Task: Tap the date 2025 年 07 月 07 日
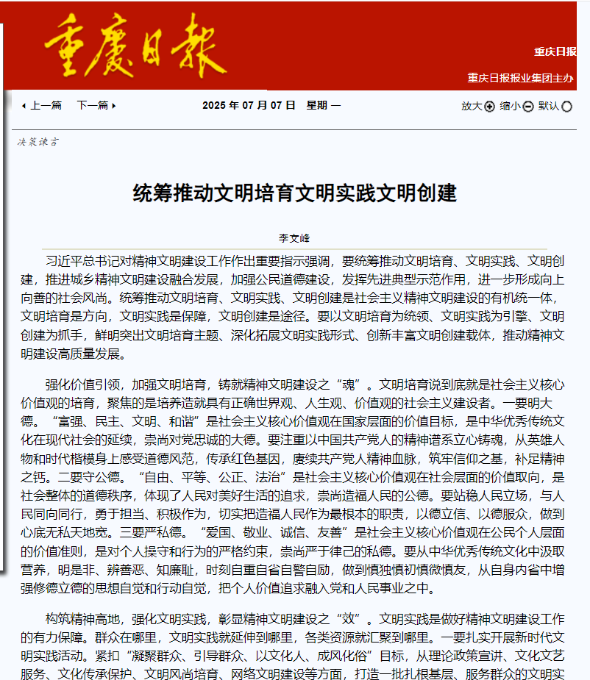click(x=249, y=106)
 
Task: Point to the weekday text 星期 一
click(x=324, y=106)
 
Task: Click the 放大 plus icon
click(x=490, y=107)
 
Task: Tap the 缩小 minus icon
click(x=528, y=107)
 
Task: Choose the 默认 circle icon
click(x=566, y=107)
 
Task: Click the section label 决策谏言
click(x=38, y=141)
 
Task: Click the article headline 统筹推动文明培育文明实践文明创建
click(x=294, y=193)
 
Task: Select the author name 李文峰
click(x=294, y=239)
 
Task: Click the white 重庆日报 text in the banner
click(x=555, y=51)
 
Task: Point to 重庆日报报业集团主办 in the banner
click(x=521, y=77)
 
